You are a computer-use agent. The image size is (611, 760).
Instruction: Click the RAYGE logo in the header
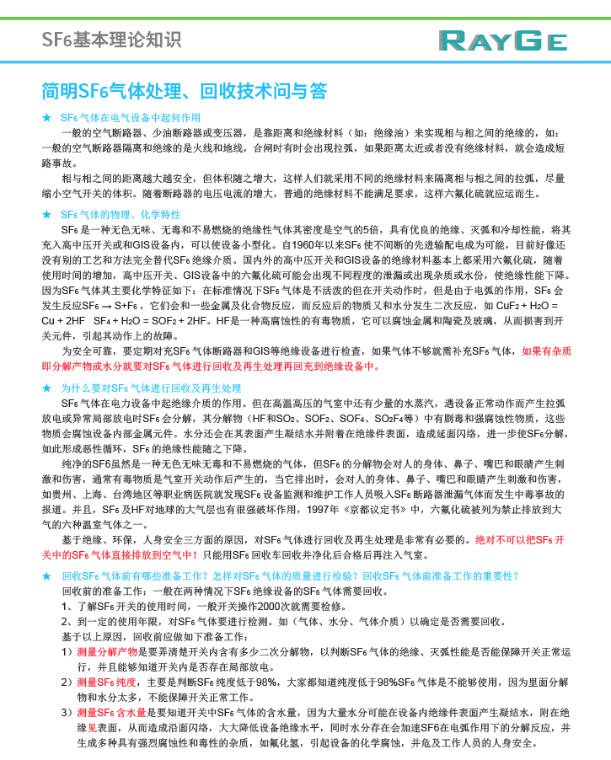pos(502,40)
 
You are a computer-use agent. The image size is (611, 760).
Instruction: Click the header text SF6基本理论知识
pos(111,40)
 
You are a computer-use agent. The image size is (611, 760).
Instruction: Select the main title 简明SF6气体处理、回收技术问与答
pos(184,91)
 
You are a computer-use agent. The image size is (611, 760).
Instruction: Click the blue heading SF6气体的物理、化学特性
pos(121,215)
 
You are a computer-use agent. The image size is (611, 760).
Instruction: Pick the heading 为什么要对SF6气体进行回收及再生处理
pos(151,388)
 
